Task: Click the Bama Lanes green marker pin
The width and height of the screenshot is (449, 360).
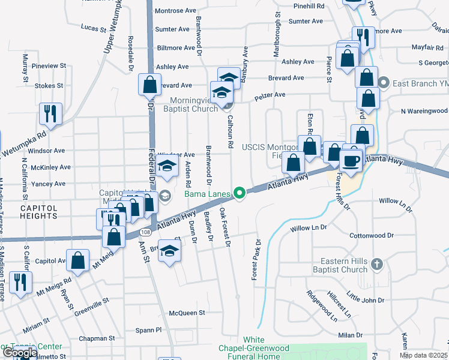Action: tap(240, 193)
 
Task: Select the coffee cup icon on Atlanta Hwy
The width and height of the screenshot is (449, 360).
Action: tap(351, 161)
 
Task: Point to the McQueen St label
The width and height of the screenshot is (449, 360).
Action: tap(187, 313)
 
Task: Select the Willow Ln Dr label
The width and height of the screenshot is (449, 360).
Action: tap(308, 228)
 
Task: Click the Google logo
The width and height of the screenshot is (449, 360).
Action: tap(19, 353)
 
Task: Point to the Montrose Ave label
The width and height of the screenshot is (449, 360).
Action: tap(175, 11)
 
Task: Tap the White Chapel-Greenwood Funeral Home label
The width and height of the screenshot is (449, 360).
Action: tap(258, 348)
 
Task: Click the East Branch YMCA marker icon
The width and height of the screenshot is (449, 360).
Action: tap(385, 83)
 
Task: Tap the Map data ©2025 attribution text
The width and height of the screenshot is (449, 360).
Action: tap(424, 355)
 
